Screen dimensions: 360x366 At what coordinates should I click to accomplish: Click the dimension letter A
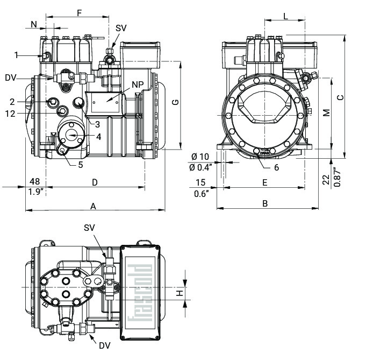pos(93,206)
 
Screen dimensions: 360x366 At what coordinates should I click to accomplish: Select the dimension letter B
pos(264,203)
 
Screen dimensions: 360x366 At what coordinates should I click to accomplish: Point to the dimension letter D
pos(95,182)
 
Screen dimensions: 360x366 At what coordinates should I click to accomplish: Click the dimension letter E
pos(264,182)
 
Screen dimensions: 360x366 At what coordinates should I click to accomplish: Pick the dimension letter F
pos(80,12)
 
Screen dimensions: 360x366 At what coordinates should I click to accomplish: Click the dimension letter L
pos(285,17)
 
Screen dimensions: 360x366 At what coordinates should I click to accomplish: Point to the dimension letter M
pos(326,112)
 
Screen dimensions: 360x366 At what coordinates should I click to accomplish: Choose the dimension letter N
pos(34,24)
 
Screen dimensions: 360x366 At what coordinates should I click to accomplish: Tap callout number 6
pos(276,167)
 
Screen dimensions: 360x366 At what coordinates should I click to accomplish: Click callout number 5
pos(80,165)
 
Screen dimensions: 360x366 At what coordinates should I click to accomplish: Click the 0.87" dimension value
pos(336,178)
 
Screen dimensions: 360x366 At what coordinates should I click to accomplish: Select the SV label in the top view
pos(121,28)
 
